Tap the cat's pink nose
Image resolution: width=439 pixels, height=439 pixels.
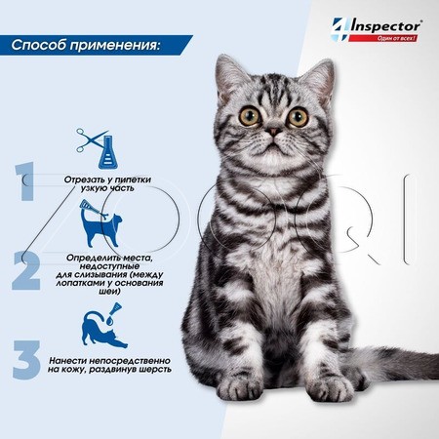tap(274, 132)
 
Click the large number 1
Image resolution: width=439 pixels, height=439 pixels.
tap(25, 181)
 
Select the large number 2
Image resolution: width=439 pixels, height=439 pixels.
tap(26, 270)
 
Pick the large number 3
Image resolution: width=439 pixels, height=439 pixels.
tap(26, 360)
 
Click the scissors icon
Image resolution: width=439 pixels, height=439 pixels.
tap(92, 140)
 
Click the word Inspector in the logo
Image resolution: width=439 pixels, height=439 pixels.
tap(386, 26)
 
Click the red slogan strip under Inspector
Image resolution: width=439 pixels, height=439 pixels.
tap(383, 38)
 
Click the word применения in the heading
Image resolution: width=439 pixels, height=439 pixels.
tap(115, 46)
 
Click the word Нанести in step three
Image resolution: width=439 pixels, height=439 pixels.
tap(67, 361)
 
